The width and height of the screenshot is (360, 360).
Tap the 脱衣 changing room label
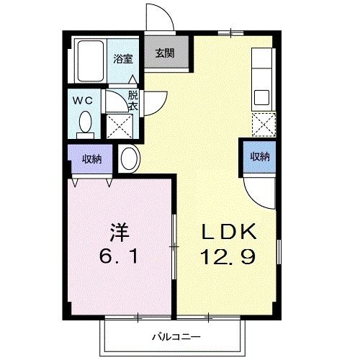pos(132,100)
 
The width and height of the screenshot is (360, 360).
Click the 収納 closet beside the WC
pos(91,158)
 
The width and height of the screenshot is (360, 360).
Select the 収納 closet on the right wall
pos(259,157)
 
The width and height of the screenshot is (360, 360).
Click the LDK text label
pos(228,232)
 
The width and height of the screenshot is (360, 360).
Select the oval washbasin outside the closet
pos(130,158)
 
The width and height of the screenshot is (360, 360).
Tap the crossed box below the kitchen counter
pos(264,125)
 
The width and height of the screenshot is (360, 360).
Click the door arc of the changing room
pos(153,99)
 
